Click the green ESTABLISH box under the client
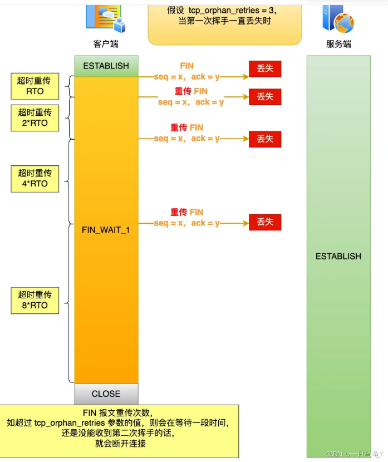[x=106, y=66]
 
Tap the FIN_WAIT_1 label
[x=106, y=229]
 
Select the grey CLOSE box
[x=106, y=394]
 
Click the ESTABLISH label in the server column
[x=338, y=256]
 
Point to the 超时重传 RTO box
[x=35, y=86]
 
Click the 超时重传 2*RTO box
[x=35, y=117]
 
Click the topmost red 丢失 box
[x=265, y=68]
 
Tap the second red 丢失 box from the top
[x=265, y=97]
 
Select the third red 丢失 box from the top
[x=265, y=139]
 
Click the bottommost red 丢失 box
[x=265, y=222]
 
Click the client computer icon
[x=105, y=17]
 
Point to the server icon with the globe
[x=337, y=18]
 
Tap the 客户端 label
[x=106, y=44]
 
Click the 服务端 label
[x=338, y=44]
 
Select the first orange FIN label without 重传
[x=187, y=66]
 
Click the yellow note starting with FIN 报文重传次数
[x=120, y=429]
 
